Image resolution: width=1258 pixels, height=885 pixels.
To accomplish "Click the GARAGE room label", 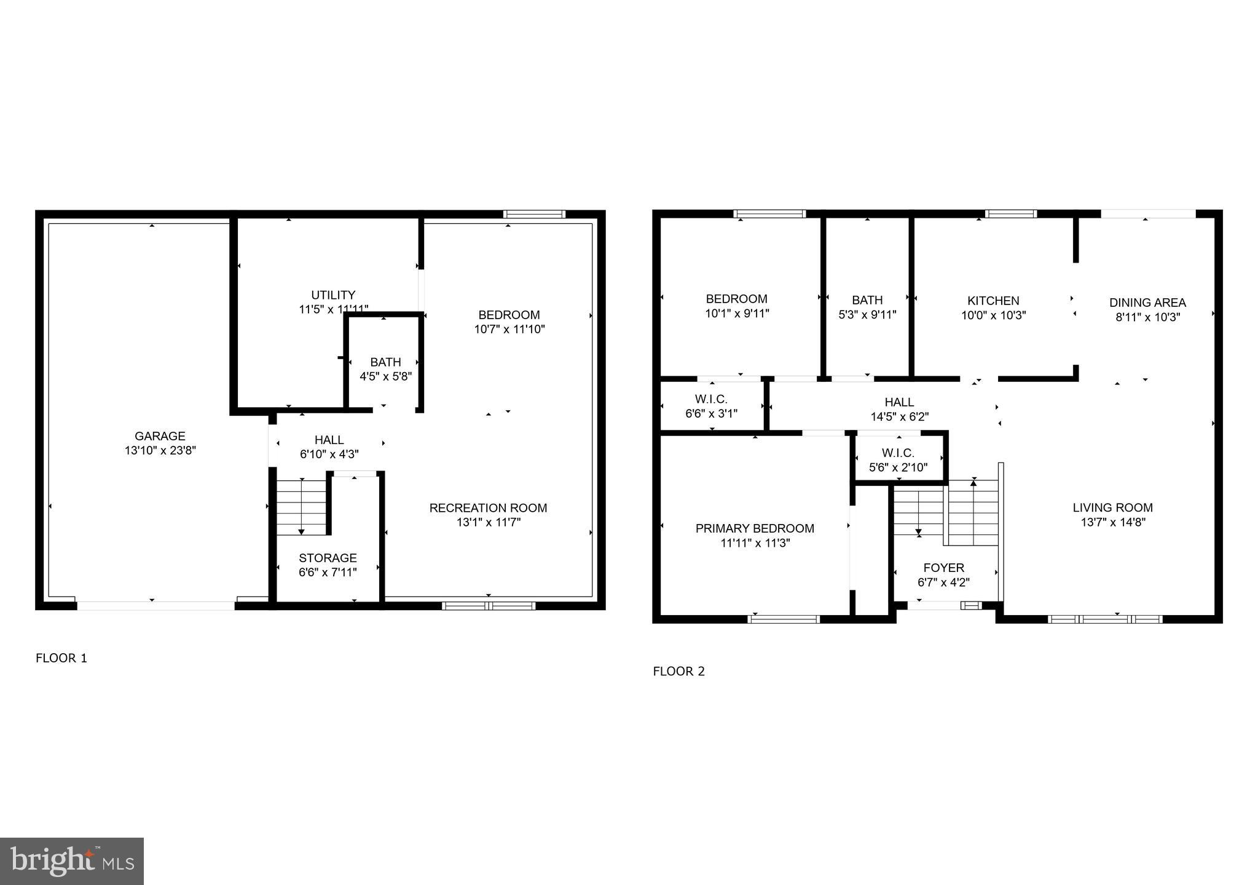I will pyautogui.click(x=160, y=436).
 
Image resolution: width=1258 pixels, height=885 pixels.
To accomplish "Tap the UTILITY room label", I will pyautogui.click(x=333, y=295).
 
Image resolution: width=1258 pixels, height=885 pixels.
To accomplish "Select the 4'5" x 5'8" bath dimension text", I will pyautogui.click(x=385, y=376).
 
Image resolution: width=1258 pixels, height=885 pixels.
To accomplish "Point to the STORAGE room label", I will pyautogui.click(x=328, y=558).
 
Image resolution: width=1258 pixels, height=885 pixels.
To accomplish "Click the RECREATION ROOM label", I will pyautogui.click(x=488, y=508).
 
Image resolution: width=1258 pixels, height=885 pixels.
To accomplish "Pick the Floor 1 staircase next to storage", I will pyautogui.click(x=301, y=507).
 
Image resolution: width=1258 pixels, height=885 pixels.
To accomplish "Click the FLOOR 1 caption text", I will pyautogui.click(x=61, y=658).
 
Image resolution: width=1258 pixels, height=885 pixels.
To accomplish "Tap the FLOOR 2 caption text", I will pyautogui.click(x=678, y=671).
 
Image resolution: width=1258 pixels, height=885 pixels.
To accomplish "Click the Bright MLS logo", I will pyautogui.click(x=72, y=861).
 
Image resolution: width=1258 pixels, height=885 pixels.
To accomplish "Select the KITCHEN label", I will pyautogui.click(x=993, y=301).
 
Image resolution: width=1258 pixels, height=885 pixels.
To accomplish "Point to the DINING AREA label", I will pyautogui.click(x=1147, y=303).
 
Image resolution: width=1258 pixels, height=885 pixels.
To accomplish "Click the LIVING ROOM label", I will pyautogui.click(x=1112, y=507).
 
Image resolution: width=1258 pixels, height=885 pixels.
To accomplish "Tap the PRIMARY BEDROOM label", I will pyautogui.click(x=755, y=528).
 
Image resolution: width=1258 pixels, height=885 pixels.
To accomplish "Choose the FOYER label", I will pyautogui.click(x=943, y=568).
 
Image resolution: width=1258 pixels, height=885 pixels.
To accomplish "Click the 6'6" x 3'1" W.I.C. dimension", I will pyautogui.click(x=711, y=414).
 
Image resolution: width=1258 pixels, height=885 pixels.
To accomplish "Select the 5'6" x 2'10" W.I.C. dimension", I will pyautogui.click(x=898, y=468).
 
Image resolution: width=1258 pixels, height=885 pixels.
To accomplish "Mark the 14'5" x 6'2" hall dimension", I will pyautogui.click(x=899, y=417).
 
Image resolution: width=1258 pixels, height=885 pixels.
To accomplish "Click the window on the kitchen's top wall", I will pyautogui.click(x=1010, y=214).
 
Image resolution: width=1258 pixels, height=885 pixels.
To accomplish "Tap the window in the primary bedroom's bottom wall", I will pyautogui.click(x=784, y=619).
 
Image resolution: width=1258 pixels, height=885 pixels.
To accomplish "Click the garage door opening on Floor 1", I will pyautogui.click(x=155, y=606).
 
